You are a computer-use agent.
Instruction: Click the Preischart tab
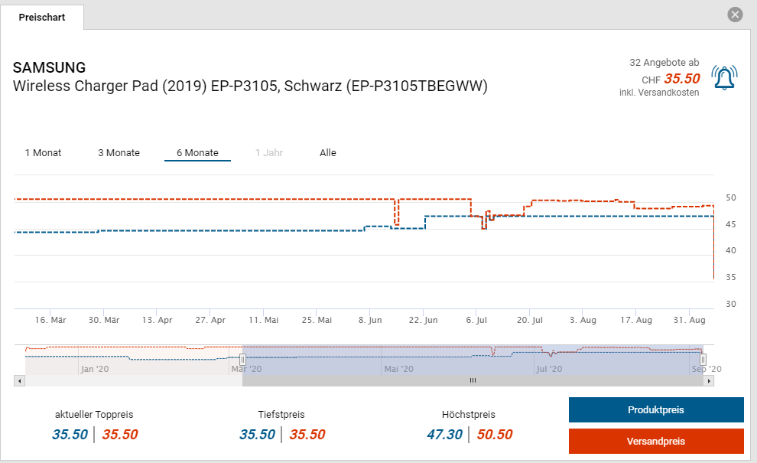tap(41, 17)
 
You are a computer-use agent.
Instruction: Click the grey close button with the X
tap(735, 15)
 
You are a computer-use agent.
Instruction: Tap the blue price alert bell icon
tap(724, 77)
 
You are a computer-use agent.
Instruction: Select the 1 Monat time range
tap(43, 153)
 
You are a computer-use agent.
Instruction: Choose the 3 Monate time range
tap(119, 153)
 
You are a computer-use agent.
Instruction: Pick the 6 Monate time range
tap(197, 153)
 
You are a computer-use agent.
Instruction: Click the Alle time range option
tap(328, 153)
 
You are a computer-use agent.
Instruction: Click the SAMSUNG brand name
tap(50, 67)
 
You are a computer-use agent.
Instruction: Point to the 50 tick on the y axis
tap(731, 198)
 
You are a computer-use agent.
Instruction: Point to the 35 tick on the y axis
tap(731, 277)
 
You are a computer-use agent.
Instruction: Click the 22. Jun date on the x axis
tap(423, 320)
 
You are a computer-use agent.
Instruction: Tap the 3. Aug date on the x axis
tap(583, 320)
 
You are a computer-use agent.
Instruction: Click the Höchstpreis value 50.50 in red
tap(494, 435)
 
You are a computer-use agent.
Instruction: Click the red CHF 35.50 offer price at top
tap(681, 78)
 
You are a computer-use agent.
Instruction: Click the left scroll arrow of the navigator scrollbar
tap(18, 380)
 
